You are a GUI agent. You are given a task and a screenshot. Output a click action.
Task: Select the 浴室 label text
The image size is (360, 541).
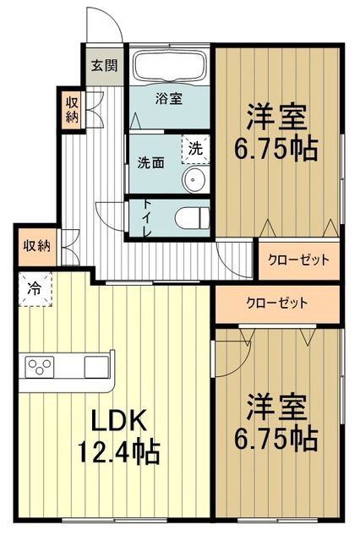click(168, 99)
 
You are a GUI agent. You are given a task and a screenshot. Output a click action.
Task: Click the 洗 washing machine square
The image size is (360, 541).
click(195, 146)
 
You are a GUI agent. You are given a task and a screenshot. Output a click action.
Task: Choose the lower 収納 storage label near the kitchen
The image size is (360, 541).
click(36, 246)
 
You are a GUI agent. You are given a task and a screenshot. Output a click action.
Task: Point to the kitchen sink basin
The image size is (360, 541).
click(95, 368)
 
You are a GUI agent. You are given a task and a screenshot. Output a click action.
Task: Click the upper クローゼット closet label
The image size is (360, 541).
click(297, 260)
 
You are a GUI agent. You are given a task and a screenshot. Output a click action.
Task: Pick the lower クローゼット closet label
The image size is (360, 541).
click(277, 303)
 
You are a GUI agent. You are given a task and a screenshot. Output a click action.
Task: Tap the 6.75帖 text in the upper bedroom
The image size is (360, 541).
click(277, 148)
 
